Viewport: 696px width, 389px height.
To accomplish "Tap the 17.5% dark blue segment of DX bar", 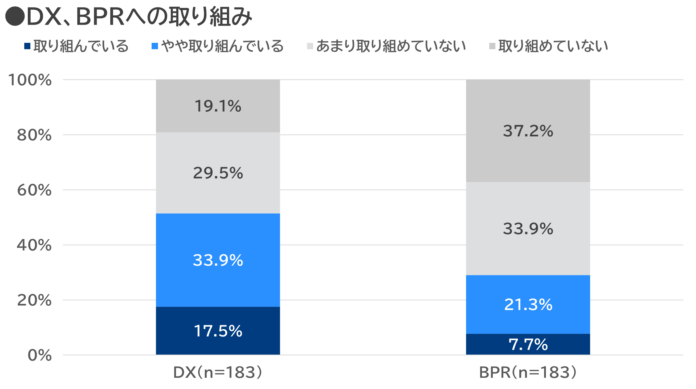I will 218,330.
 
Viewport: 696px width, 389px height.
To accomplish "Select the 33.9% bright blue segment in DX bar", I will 218,260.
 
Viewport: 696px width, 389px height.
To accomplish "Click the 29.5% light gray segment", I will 218,173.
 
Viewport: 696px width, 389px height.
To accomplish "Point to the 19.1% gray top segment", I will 218,106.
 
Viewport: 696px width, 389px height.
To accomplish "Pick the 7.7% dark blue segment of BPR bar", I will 528,344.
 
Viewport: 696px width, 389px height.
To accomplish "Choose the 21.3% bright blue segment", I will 528,304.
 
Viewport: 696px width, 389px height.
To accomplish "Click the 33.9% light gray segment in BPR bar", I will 528,228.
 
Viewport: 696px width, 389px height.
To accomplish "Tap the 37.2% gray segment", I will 528,131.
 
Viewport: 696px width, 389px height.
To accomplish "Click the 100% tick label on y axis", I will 30,80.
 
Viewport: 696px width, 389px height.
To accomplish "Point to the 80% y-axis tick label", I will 34,135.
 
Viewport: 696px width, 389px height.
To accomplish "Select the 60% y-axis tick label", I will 34,190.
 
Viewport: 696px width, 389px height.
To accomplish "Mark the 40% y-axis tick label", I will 34,245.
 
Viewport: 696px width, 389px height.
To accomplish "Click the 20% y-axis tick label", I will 34,300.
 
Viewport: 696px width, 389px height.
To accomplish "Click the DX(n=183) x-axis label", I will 217,372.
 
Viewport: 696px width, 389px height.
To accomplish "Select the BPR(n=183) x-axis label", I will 528,372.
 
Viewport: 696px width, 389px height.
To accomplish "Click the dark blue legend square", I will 27,46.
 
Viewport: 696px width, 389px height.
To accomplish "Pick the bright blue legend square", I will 155,46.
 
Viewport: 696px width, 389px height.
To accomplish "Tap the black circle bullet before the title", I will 15,17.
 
